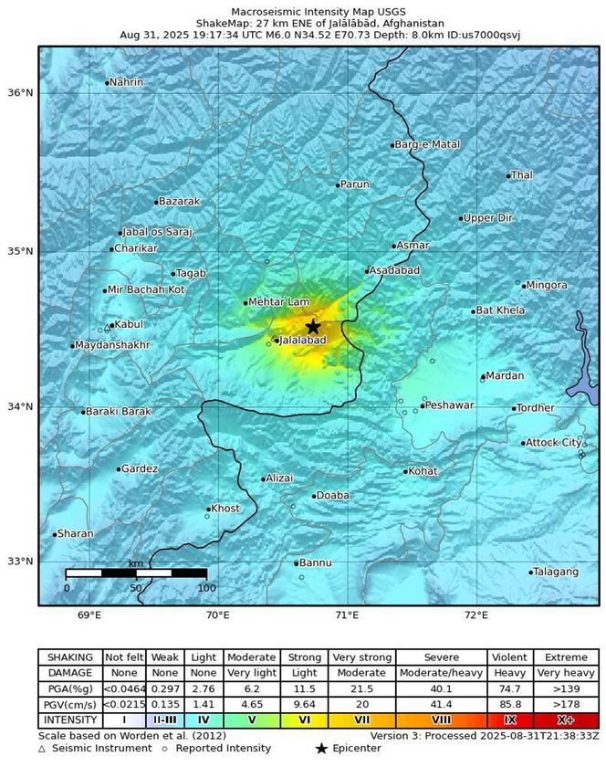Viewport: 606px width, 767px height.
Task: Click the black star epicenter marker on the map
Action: tap(313, 327)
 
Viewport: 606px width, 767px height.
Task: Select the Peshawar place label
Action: tap(450, 404)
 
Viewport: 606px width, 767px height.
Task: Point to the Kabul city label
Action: tap(128, 324)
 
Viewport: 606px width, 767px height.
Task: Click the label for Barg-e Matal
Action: tap(427, 144)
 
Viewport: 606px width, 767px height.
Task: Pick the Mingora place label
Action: tap(546, 285)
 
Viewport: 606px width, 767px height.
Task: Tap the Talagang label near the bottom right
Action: tap(557, 572)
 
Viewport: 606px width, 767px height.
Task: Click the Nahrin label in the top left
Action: tap(126, 82)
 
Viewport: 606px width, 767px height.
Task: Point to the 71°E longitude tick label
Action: tap(347, 615)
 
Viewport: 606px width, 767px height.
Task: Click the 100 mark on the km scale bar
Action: tap(206, 588)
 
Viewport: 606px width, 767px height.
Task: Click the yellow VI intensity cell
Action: tap(304, 720)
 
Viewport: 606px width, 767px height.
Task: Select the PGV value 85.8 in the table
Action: tap(509, 704)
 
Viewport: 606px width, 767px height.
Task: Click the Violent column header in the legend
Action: tap(509, 657)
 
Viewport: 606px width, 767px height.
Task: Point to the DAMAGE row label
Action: tap(68, 673)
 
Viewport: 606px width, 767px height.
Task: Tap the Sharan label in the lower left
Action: tap(75, 533)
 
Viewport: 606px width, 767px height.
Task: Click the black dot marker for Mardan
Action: tap(483, 377)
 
